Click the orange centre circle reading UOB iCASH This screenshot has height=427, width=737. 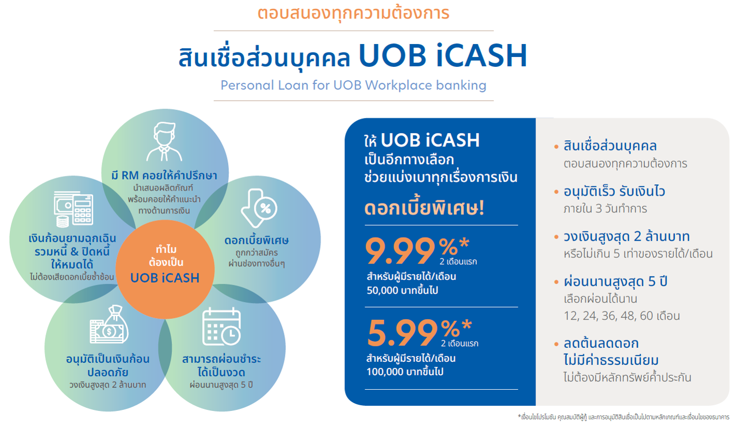(x=164, y=263)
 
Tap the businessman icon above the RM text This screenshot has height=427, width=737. (x=164, y=142)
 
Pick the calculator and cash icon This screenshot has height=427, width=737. (x=73, y=210)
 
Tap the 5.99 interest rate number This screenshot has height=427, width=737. (x=402, y=333)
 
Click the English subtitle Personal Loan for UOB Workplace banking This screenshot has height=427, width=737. (x=353, y=85)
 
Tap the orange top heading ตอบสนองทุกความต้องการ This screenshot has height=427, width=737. (x=353, y=13)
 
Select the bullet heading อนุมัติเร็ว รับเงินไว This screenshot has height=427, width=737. (x=614, y=192)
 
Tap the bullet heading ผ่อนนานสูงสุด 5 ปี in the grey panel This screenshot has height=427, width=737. (x=616, y=283)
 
